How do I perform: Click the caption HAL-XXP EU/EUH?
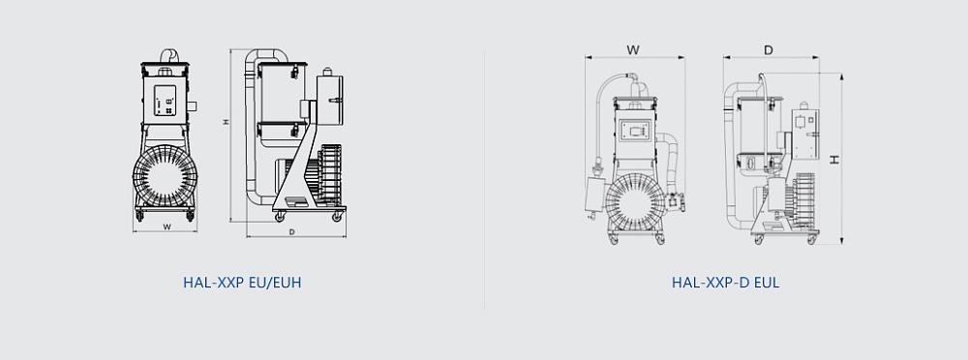[x=242, y=283]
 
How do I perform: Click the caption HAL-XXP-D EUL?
[x=725, y=283]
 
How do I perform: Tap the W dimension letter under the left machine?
[x=166, y=226]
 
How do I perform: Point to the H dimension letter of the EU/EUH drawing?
[x=227, y=122]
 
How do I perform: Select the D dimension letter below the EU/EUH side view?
[x=292, y=232]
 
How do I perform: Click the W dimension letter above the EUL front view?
[x=633, y=50]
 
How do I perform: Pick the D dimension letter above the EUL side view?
[x=769, y=50]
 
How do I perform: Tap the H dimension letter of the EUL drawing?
[x=834, y=160]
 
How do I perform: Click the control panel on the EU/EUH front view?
[x=165, y=100]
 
